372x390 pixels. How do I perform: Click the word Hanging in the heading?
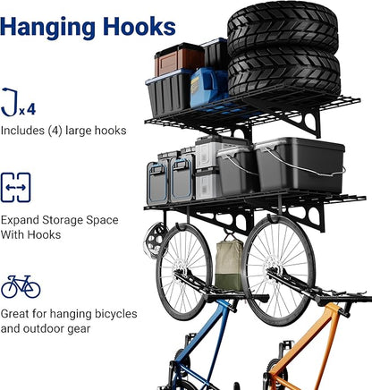(48, 28)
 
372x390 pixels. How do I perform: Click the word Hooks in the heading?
(139, 26)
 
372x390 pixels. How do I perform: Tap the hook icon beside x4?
(10, 102)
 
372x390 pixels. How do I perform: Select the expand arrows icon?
(15, 188)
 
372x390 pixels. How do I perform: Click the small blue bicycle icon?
(21, 286)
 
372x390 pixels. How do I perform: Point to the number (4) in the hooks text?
(55, 131)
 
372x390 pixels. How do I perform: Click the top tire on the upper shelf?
(283, 29)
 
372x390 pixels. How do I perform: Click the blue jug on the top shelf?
(208, 88)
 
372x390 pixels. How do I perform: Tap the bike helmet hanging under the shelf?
(154, 240)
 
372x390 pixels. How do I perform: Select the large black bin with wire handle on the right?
(300, 165)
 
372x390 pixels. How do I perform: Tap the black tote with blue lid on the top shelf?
(169, 93)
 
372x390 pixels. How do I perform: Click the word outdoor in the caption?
(56, 329)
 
